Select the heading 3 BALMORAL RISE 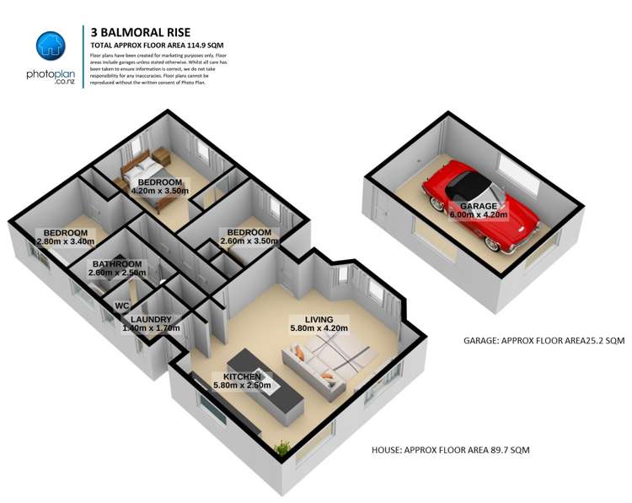[136, 31]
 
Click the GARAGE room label [478, 206]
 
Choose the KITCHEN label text [247, 376]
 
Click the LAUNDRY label [151, 319]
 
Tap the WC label [121, 305]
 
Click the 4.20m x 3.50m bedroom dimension [160, 192]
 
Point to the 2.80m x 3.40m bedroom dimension [66, 242]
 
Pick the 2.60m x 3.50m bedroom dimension [247, 241]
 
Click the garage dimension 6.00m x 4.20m [478, 215]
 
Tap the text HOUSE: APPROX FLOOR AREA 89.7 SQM [450, 451]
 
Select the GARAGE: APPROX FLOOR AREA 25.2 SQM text [544, 342]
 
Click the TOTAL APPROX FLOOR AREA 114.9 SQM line [157, 45]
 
